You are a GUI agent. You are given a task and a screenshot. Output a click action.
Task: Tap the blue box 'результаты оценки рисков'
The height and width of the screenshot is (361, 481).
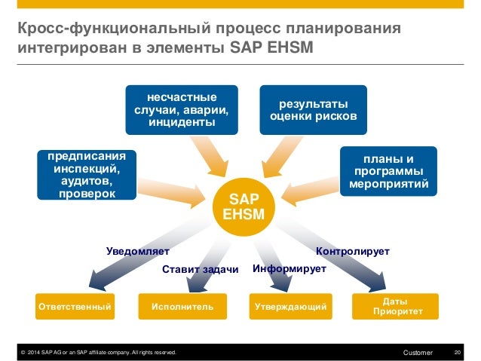tap(308, 110)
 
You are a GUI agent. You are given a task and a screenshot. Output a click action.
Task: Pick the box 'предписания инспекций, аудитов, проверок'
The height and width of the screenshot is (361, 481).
tap(87, 175)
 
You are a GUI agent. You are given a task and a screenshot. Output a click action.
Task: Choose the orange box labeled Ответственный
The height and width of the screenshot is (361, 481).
tap(75, 307)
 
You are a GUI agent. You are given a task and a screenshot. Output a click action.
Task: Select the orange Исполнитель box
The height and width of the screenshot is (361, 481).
tap(182, 307)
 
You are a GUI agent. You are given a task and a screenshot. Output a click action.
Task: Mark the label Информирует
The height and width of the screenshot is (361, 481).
tap(289, 268)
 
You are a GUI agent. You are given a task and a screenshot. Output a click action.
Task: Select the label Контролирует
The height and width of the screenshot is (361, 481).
tap(352, 250)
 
